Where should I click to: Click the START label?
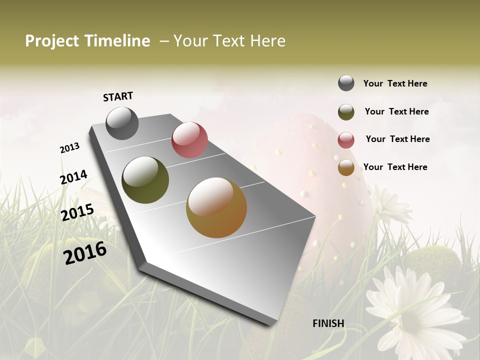point(118,96)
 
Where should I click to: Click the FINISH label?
point(328,323)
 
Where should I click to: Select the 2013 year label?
point(69,148)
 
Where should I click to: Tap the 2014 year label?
point(74,177)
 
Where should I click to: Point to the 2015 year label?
point(77,212)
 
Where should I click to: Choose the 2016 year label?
point(85,252)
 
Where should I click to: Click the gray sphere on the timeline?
point(122,123)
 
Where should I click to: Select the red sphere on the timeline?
point(189,140)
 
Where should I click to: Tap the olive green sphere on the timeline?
point(145,180)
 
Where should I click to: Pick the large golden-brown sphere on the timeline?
point(216,207)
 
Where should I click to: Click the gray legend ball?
point(346,83)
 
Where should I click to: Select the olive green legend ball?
point(346,112)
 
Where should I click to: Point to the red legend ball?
point(346,140)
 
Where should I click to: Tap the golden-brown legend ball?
point(346,168)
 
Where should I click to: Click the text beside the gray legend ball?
point(395,83)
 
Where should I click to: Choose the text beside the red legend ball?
point(397,139)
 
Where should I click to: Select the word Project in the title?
point(52,41)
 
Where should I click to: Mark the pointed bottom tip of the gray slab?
point(272,324)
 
